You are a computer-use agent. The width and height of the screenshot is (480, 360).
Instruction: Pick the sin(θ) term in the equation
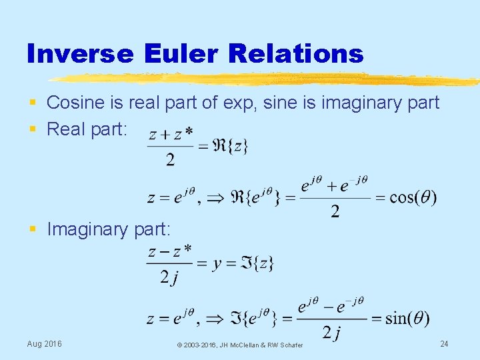click(407, 318)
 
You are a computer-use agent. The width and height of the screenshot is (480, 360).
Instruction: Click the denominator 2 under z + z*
click(170, 159)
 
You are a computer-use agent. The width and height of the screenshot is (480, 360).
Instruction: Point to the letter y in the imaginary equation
click(217, 263)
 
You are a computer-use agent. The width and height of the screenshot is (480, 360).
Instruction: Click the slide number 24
click(445, 343)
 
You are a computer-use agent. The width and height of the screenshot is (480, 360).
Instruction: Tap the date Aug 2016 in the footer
click(44, 343)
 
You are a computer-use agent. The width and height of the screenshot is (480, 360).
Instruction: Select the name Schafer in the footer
click(290, 345)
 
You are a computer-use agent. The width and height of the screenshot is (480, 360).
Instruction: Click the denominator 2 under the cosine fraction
click(335, 212)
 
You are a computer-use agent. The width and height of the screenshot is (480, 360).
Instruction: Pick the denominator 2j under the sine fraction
click(331, 332)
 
